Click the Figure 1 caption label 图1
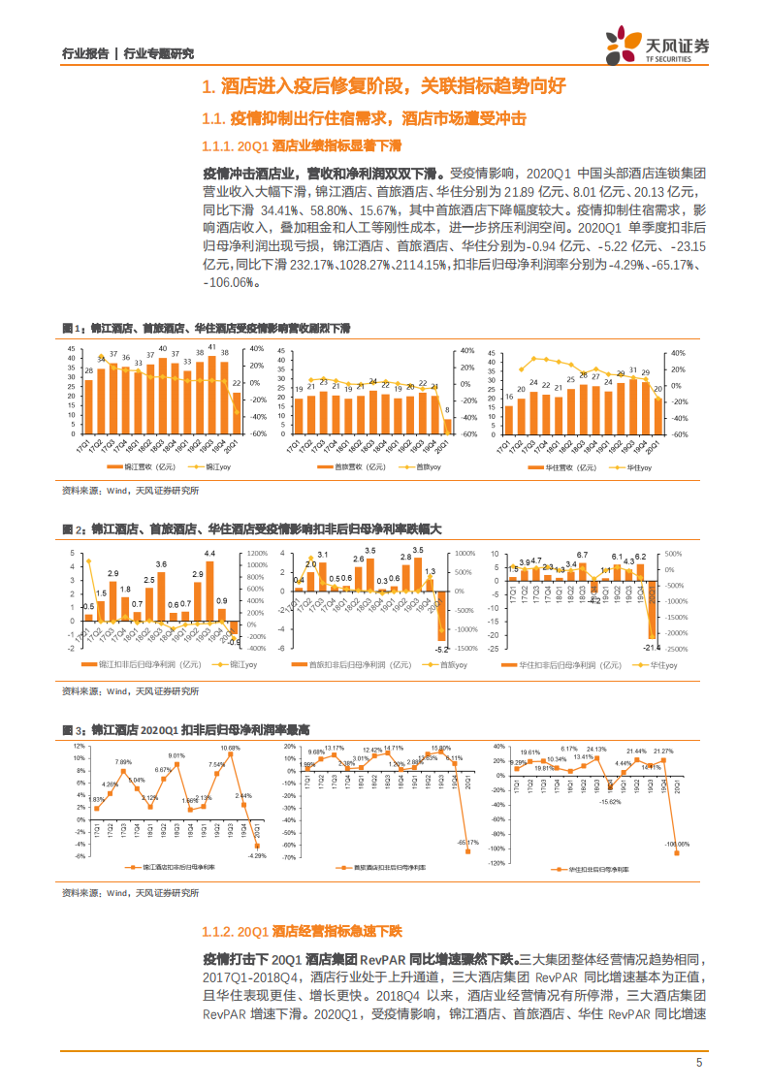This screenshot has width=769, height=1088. point(69,329)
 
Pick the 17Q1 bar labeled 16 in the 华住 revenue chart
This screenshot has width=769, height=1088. point(509,419)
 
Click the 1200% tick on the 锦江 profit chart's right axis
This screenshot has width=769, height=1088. point(258,552)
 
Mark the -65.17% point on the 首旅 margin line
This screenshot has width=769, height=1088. point(467,851)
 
